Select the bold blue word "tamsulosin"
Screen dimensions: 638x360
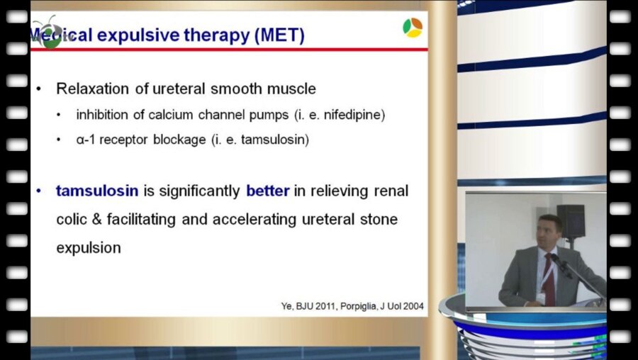tap(97, 191)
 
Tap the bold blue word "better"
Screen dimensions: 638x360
tap(268, 191)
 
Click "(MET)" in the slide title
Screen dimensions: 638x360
tap(279, 36)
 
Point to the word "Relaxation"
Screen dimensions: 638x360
tap(93, 89)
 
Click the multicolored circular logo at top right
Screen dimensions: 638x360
tap(413, 28)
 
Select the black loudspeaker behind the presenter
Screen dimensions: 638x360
tap(571, 221)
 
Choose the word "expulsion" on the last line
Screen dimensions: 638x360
tap(89, 248)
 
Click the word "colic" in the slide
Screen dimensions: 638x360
tap(72, 220)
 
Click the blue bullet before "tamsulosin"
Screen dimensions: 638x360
tap(39, 191)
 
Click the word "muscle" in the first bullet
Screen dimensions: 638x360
tap(292, 89)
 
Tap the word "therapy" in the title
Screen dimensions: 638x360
tap(217, 36)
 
